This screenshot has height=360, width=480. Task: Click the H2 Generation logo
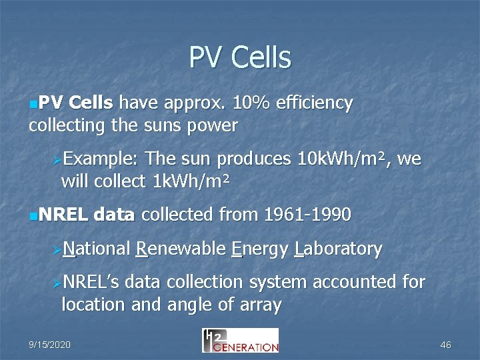coord(240,340)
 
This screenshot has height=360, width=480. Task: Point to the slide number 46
coord(445,345)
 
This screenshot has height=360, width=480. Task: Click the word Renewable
coord(180,249)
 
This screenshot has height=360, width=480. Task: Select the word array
coord(261,305)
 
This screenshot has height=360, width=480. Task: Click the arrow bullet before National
coord(57,251)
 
